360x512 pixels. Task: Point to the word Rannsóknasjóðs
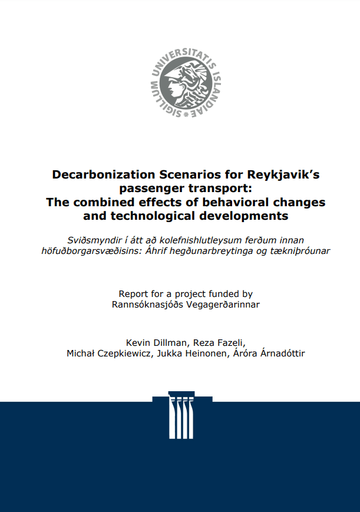[144, 305]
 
